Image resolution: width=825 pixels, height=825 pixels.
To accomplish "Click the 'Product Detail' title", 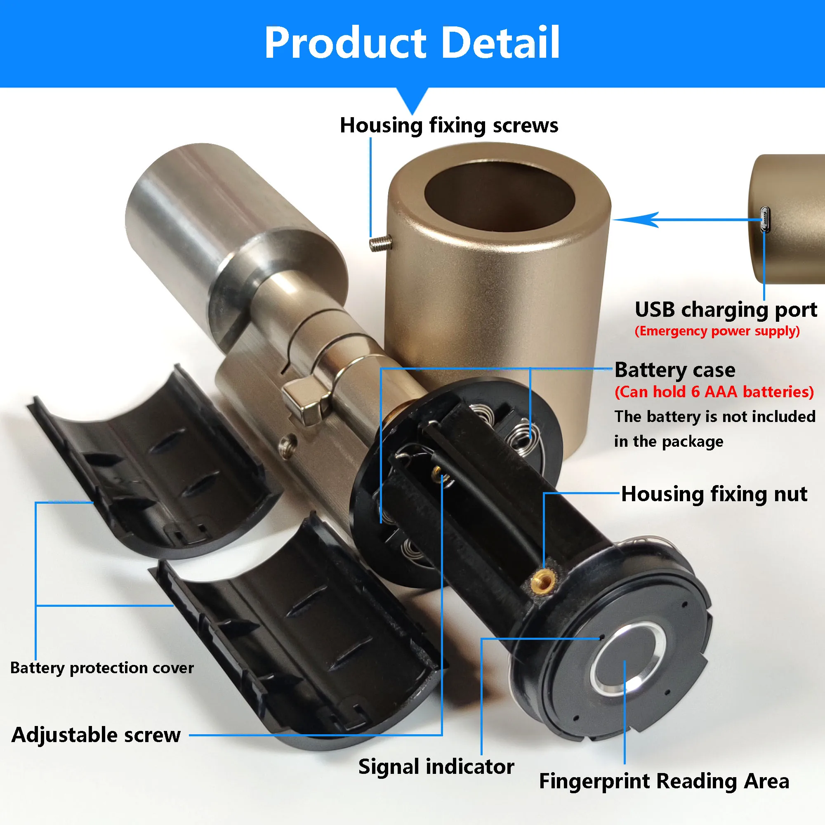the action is tap(412, 43).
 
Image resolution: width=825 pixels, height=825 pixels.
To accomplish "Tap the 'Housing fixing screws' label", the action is tap(449, 125).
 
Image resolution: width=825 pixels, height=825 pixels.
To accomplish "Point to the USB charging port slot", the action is tap(765, 219).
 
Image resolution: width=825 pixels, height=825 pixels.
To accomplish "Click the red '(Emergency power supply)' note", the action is tap(717, 331).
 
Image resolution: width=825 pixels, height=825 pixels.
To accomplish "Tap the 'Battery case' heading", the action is tap(675, 370).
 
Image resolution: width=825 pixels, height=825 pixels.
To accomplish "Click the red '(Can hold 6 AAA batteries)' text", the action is tap(714, 392).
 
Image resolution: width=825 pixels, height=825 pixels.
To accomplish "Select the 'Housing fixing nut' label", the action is tap(714, 494).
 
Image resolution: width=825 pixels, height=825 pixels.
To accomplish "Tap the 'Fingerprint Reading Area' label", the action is tap(664, 781).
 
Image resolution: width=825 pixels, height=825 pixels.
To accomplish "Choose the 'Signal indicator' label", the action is tap(436, 766).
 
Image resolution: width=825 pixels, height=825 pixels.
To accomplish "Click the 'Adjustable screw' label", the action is tap(96, 735).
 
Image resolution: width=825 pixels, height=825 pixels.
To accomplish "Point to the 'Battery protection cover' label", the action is tap(101, 667).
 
